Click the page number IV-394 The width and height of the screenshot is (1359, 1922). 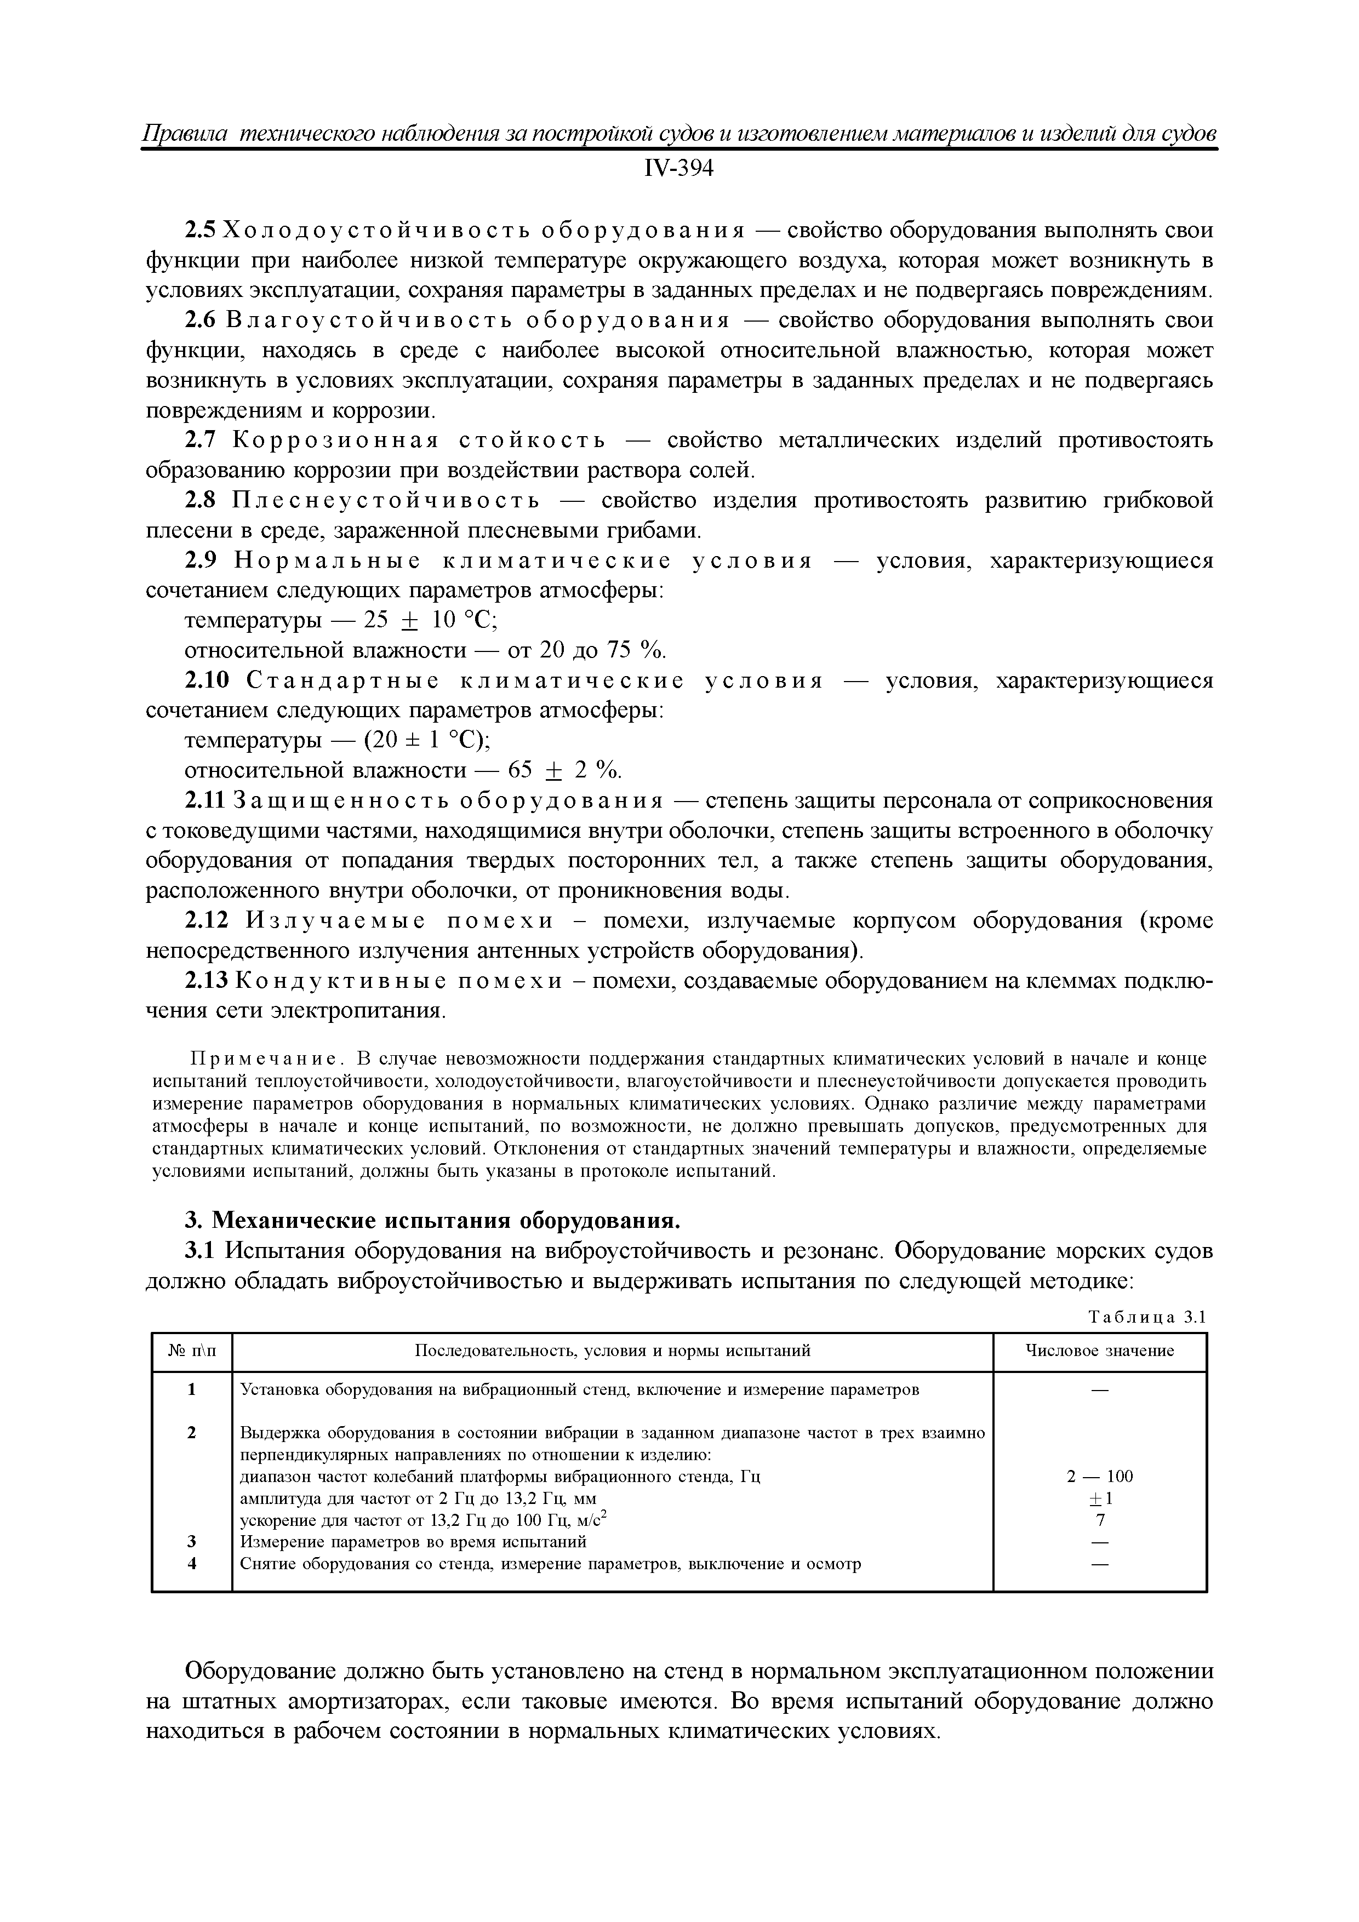[678, 169]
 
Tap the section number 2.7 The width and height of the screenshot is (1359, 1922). [201, 441]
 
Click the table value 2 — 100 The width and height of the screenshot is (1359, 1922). [1099, 1476]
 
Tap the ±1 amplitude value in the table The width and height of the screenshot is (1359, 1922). [1099, 1497]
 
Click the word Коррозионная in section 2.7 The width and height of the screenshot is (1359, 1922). [336, 441]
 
